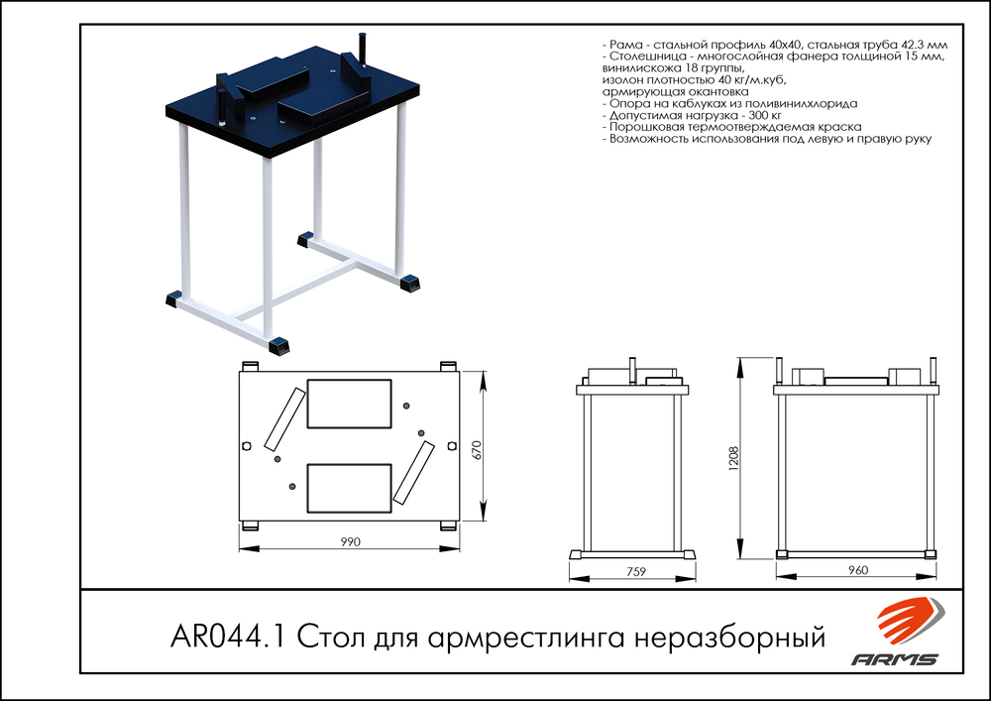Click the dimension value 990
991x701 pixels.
pos(349,542)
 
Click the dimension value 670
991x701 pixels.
pos(478,449)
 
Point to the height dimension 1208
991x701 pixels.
pos(733,459)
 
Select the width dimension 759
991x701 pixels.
pos(636,570)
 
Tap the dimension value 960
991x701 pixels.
pos(858,570)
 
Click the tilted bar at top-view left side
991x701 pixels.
pos(284,418)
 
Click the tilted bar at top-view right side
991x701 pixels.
pos(413,472)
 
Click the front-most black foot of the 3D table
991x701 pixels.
pos(281,345)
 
